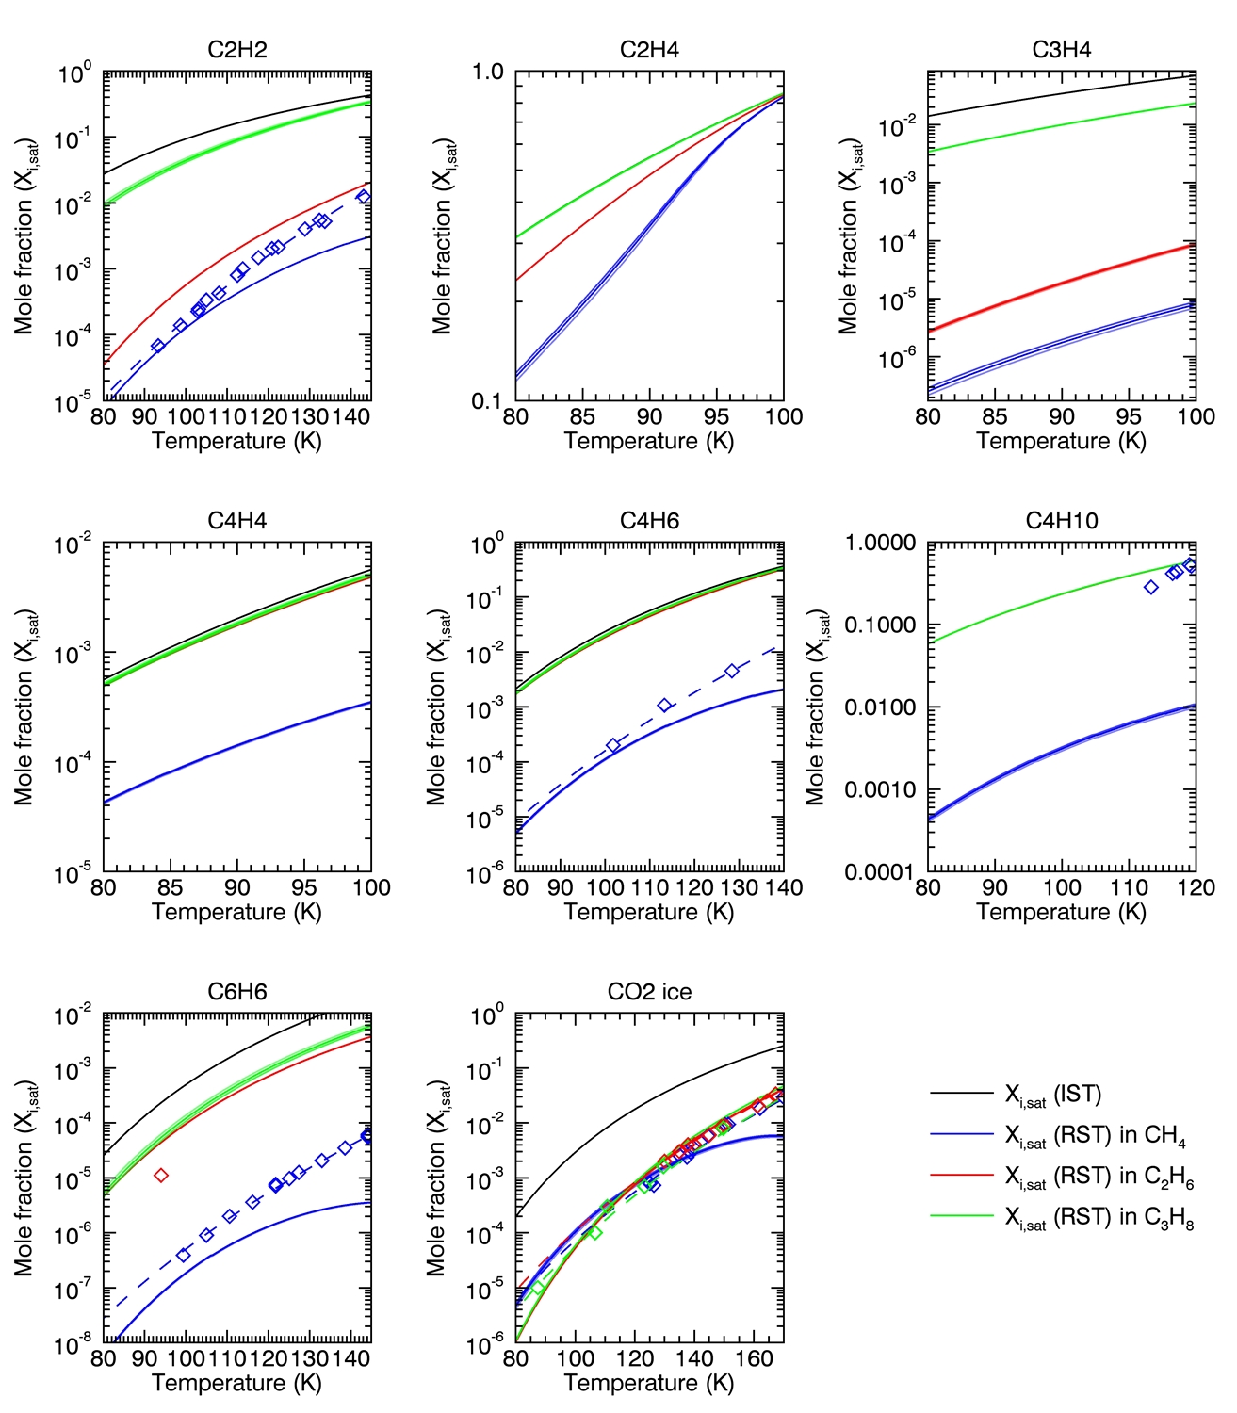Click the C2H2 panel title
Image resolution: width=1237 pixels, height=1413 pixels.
[x=236, y=50]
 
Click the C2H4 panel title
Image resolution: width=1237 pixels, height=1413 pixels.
[x=649, y=50]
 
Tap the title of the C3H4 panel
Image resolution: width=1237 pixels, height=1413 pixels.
[x=1062, y=50]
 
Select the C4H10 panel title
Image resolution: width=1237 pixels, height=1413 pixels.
[x=1062, y=521]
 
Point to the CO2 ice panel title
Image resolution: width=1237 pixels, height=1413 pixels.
[x=649, y=992]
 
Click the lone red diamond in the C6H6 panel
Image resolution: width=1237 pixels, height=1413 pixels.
[x=161, y=1175]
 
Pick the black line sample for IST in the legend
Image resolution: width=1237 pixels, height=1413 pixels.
[x=961, y=1094]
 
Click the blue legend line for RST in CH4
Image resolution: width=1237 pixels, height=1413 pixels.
[x=961, y=1135]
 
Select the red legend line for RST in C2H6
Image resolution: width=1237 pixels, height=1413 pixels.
[x=961, y=1176]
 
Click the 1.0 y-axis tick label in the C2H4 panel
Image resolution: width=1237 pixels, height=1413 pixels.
[x=488, y=72]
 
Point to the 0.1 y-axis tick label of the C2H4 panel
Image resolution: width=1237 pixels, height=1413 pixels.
[x=488, y=402]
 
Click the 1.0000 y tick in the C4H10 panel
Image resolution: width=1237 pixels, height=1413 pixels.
[x=880, y=543]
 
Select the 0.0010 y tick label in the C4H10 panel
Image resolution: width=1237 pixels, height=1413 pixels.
[x=880, y=789]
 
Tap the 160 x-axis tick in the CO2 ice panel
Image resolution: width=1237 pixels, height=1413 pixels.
[x=754, y=1358]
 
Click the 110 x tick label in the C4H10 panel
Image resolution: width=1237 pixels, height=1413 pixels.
[x=1129, y=887]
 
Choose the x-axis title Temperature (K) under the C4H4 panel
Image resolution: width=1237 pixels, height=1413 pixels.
[x=236, y=912]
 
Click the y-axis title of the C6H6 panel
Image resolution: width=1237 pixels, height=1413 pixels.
[x=24, y=1177]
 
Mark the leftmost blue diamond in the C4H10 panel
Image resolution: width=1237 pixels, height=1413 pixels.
[x=1150, y=587]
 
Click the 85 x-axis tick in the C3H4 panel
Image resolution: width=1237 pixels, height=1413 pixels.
[x=995, y=416]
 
